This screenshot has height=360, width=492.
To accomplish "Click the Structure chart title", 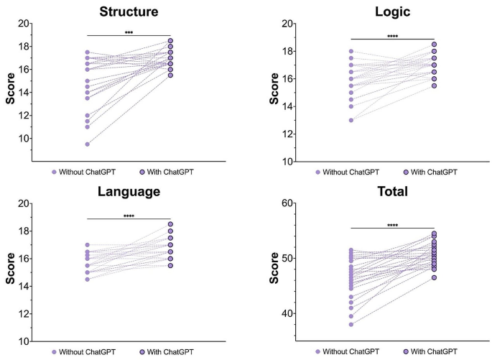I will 129,11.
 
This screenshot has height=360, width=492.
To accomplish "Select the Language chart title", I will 129,192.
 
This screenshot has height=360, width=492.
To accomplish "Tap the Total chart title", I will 393,192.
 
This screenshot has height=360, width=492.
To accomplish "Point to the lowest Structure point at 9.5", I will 87,144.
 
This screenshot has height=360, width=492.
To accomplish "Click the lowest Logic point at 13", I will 351,120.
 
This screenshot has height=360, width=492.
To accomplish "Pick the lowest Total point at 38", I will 351,324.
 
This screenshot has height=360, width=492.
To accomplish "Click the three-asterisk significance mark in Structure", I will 129,32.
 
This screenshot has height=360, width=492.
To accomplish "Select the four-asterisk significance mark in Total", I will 393,225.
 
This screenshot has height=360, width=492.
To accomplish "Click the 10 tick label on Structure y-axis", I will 24,139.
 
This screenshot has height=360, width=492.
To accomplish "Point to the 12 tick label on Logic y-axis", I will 288,134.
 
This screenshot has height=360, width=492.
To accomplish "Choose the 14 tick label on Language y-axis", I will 24,287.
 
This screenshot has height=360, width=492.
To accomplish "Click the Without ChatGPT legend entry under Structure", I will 83,172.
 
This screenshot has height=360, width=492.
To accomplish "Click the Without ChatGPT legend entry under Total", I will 348,352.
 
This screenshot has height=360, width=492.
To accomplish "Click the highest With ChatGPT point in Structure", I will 170,41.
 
